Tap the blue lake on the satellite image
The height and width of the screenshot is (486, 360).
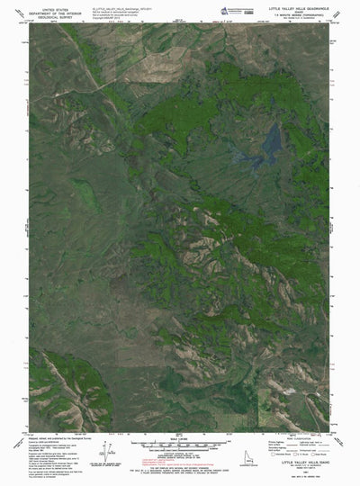267,142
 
